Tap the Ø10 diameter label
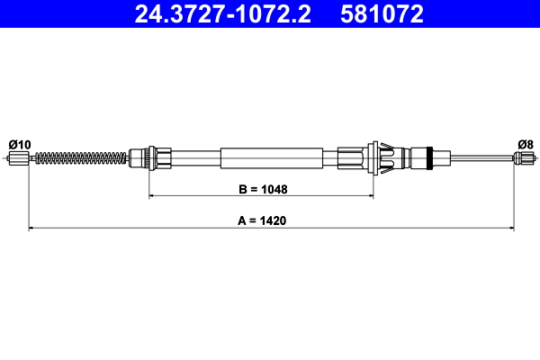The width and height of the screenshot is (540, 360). click(x=19, y=144)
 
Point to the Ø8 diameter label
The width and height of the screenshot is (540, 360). click(x=526, y=144)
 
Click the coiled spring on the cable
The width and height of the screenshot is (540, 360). click(x=81, y=159)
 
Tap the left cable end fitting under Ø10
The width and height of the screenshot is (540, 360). click(x=19, y=159)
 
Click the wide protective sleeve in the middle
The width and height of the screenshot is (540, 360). click(x=270, y=159)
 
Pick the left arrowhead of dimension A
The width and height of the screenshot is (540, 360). click(x=32, y=229)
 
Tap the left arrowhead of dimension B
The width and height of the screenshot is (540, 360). click(x=151, y=195)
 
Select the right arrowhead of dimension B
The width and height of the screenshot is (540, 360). click(x=369, y=195)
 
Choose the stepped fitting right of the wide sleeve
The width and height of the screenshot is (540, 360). click(x=351, y=159)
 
